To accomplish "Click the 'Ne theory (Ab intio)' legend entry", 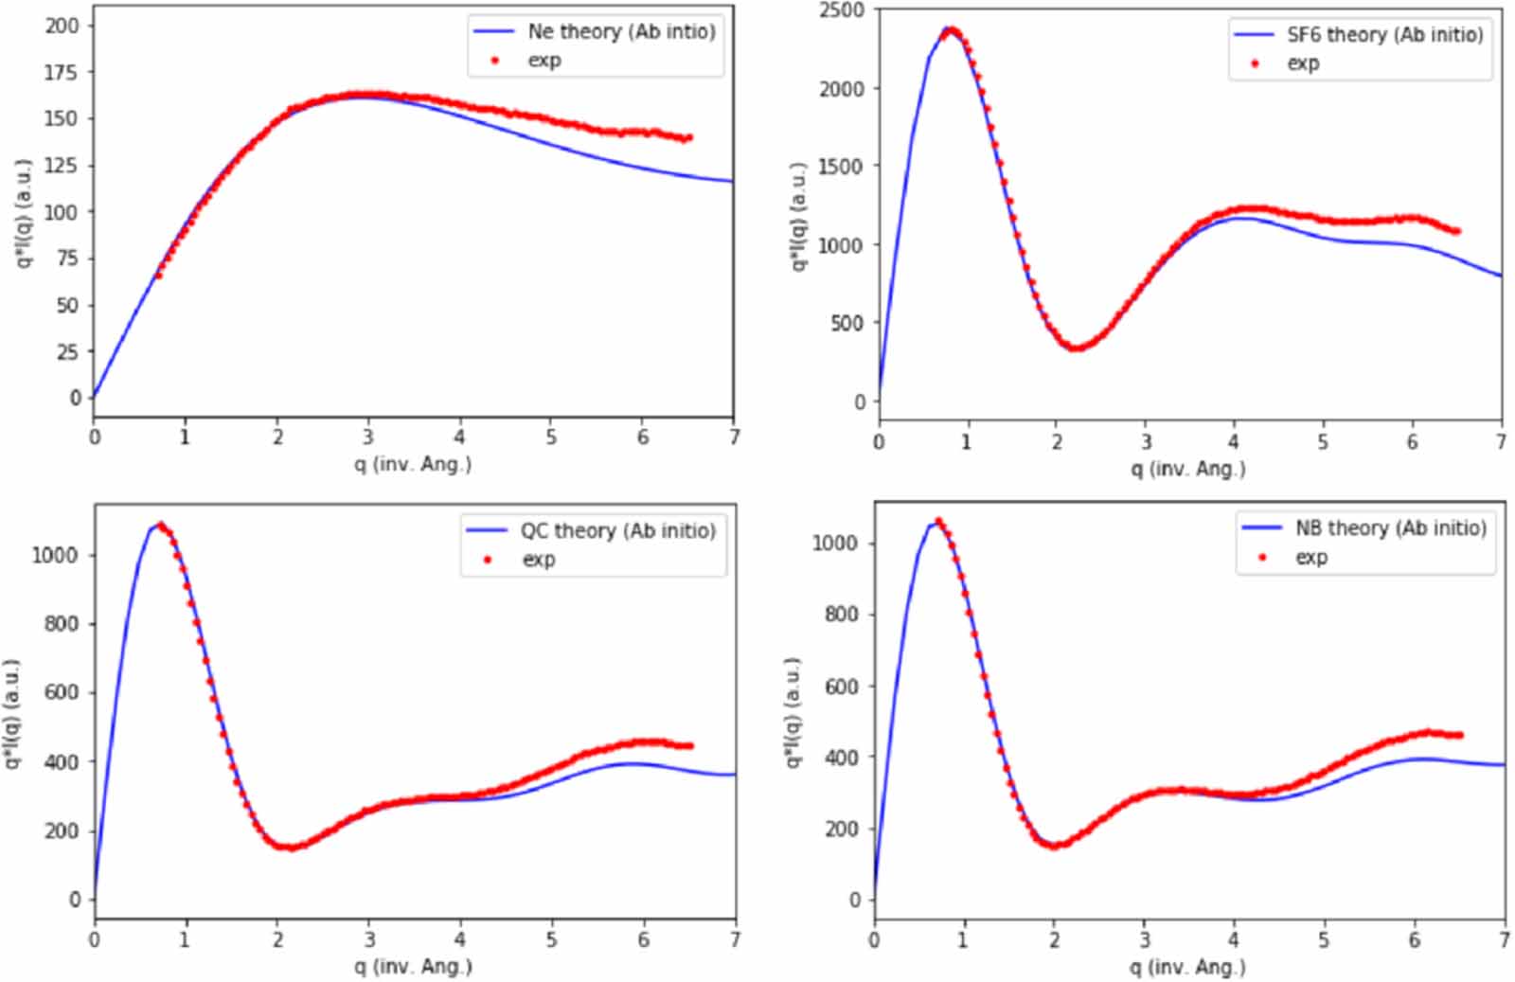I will tap(621, 31).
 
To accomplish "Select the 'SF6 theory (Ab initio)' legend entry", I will tap(1383, 35).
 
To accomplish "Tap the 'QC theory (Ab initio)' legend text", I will tap(617, 530).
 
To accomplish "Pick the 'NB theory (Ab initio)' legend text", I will tap(1390, 527).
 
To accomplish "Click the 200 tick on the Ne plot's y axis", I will tap(62, 26).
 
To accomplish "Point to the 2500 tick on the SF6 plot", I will tap(842, 10).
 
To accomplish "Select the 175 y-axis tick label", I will tap(62, 72).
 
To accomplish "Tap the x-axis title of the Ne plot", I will tap(413, 464).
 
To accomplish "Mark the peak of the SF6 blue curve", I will tap(947, 28).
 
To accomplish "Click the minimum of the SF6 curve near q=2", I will tap(1076, 348).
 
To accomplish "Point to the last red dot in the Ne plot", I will tap(689, 137).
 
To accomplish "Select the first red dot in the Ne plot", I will tap(158, 276).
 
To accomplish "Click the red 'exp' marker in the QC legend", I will tap(489, 560).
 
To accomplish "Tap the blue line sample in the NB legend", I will tap(1261, 527).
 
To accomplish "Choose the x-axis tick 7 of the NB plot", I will tap(1504, 940).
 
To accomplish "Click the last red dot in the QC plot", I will tap(690, 746).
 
